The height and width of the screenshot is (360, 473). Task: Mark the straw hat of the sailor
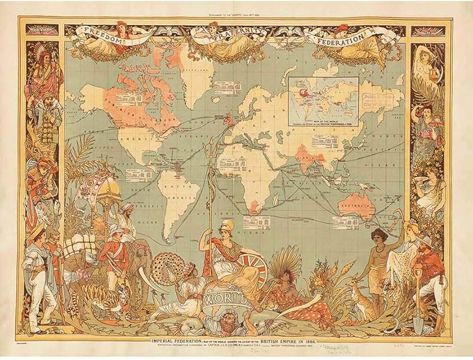36,228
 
